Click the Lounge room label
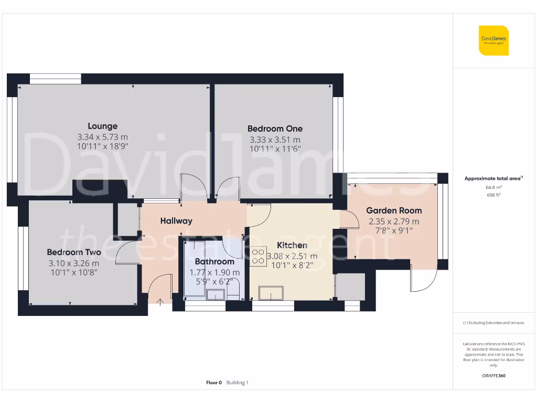click(x=102, y=126)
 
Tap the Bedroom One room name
click(x=275, y=129)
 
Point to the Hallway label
click(x=176, y=221)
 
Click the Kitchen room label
click(x=292, y=245)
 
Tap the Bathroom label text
click(x=214, y=261)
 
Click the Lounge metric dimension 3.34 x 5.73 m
click(x=102, y=137)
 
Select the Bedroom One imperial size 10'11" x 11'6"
click(x=275, y=150)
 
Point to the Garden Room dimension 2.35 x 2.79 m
click(x=394, y=221)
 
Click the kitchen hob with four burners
click(x=258, y=256)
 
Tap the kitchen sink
click(x=268, y=292)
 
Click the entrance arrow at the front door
click(x=160, y=301)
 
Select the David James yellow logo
click(x=493, y=40)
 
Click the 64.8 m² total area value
click(x=493, y=187)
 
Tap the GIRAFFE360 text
click(x=493, y=376)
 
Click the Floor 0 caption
click(x=214, y=383)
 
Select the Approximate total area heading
click(x=493, y=178)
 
